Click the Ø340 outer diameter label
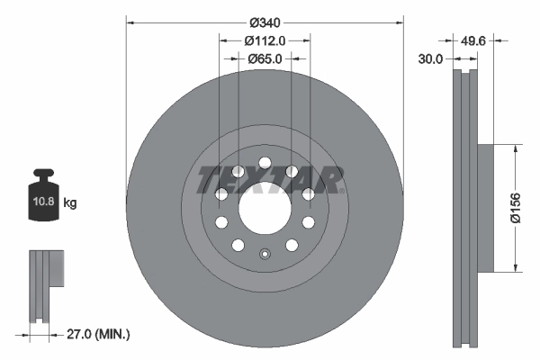(265, 21)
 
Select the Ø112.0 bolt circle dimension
(265, 40)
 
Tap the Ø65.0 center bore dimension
(265, 58)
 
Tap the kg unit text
(70, 204)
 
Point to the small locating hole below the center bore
(265, 254)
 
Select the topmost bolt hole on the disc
(265, 164)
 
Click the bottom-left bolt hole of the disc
(238, 245)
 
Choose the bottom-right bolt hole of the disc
(292, 245)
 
